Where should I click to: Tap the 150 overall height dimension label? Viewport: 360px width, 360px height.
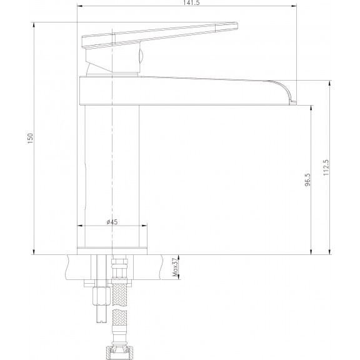click(30, 139)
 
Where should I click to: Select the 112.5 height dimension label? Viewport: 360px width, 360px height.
click(326, 167)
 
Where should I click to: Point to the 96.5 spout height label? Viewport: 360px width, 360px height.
click(307, 180)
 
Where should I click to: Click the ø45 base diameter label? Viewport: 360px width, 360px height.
click(112, 222)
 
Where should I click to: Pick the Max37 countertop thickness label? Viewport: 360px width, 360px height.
click(176, 267)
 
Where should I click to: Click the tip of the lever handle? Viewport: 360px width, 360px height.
click(237, 25)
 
